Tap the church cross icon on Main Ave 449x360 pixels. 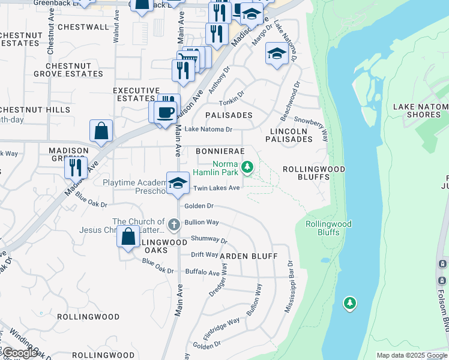(x=173, y=225)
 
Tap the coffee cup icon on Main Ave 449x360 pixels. (x=165, y=111)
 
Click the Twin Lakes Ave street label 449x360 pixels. (x=216, y=188)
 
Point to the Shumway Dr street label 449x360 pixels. (x=209, y=239)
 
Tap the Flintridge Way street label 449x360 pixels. (x=221, y=329)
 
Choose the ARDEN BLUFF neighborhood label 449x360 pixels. (x=248, y=256)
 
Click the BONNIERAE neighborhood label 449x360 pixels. (x=220, y=151)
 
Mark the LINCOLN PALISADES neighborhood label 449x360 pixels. (x=291, y=135)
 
